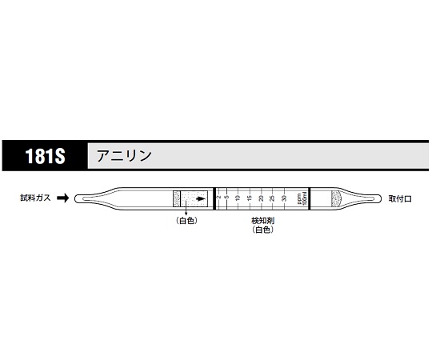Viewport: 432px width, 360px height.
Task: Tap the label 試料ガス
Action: [x=37, y=198]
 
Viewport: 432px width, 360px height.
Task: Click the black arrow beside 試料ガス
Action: [x=66, y=198]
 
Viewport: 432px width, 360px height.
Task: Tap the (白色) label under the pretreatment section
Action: [x=186, y=221]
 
